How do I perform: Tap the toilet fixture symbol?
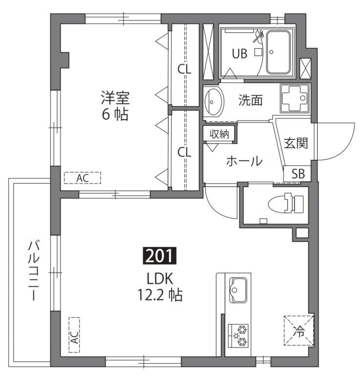click(x=291, y=203)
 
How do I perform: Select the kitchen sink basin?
click(x=239, y=289)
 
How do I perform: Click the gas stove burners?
click(x=239, y=335)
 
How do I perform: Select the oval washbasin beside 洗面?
click(x=213, y=102)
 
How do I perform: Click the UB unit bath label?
click(x=239, y=54)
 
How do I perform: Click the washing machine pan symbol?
click(x=295, y=98)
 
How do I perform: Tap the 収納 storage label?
click(x=219, y=133)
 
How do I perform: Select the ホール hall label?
click(x=244, y=161)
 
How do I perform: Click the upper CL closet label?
click(x=184, y=69)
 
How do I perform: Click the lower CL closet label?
click(x=184, y=152)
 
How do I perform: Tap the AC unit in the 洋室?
click(x=82, y=178)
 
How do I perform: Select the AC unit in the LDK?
click(x=74, y=335)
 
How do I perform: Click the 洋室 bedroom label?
click(x=115, y=98)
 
